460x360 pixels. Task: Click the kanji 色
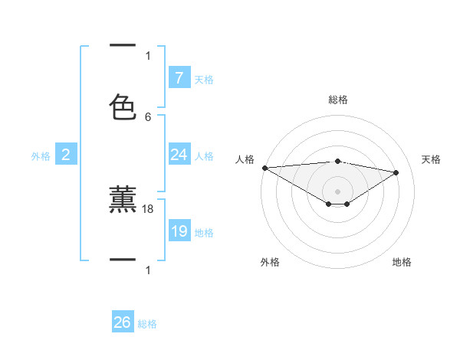(x=123, y=106)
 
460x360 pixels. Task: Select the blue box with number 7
(x=179, y=77)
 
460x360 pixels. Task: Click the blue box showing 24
(x=179, y=155)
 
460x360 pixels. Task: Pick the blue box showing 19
(x=179, y=231)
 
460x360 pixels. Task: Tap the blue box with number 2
(x=65, y=155)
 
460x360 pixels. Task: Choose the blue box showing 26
(x=123, y=322)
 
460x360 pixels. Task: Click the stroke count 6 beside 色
(x=148, y=116)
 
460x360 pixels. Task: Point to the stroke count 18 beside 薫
(x=148, y=208)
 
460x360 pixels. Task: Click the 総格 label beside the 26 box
(x=148, y=324)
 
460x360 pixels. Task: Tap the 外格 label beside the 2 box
(x=41, y=156)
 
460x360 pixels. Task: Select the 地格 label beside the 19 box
(x=204, y=233)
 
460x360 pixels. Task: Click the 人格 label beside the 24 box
(x=204, y=156)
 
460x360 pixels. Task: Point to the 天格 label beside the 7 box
(x=204, y=79)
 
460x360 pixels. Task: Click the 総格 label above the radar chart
(x=337, y=100)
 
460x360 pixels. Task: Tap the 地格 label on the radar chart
(x=402, y=262)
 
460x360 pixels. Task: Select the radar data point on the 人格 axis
(x=264, y=168)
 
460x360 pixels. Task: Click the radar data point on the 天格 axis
(x=396, y=172)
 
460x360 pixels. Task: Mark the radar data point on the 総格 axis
(x=337, y=161)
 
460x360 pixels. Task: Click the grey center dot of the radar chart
(x=337, y=191)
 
